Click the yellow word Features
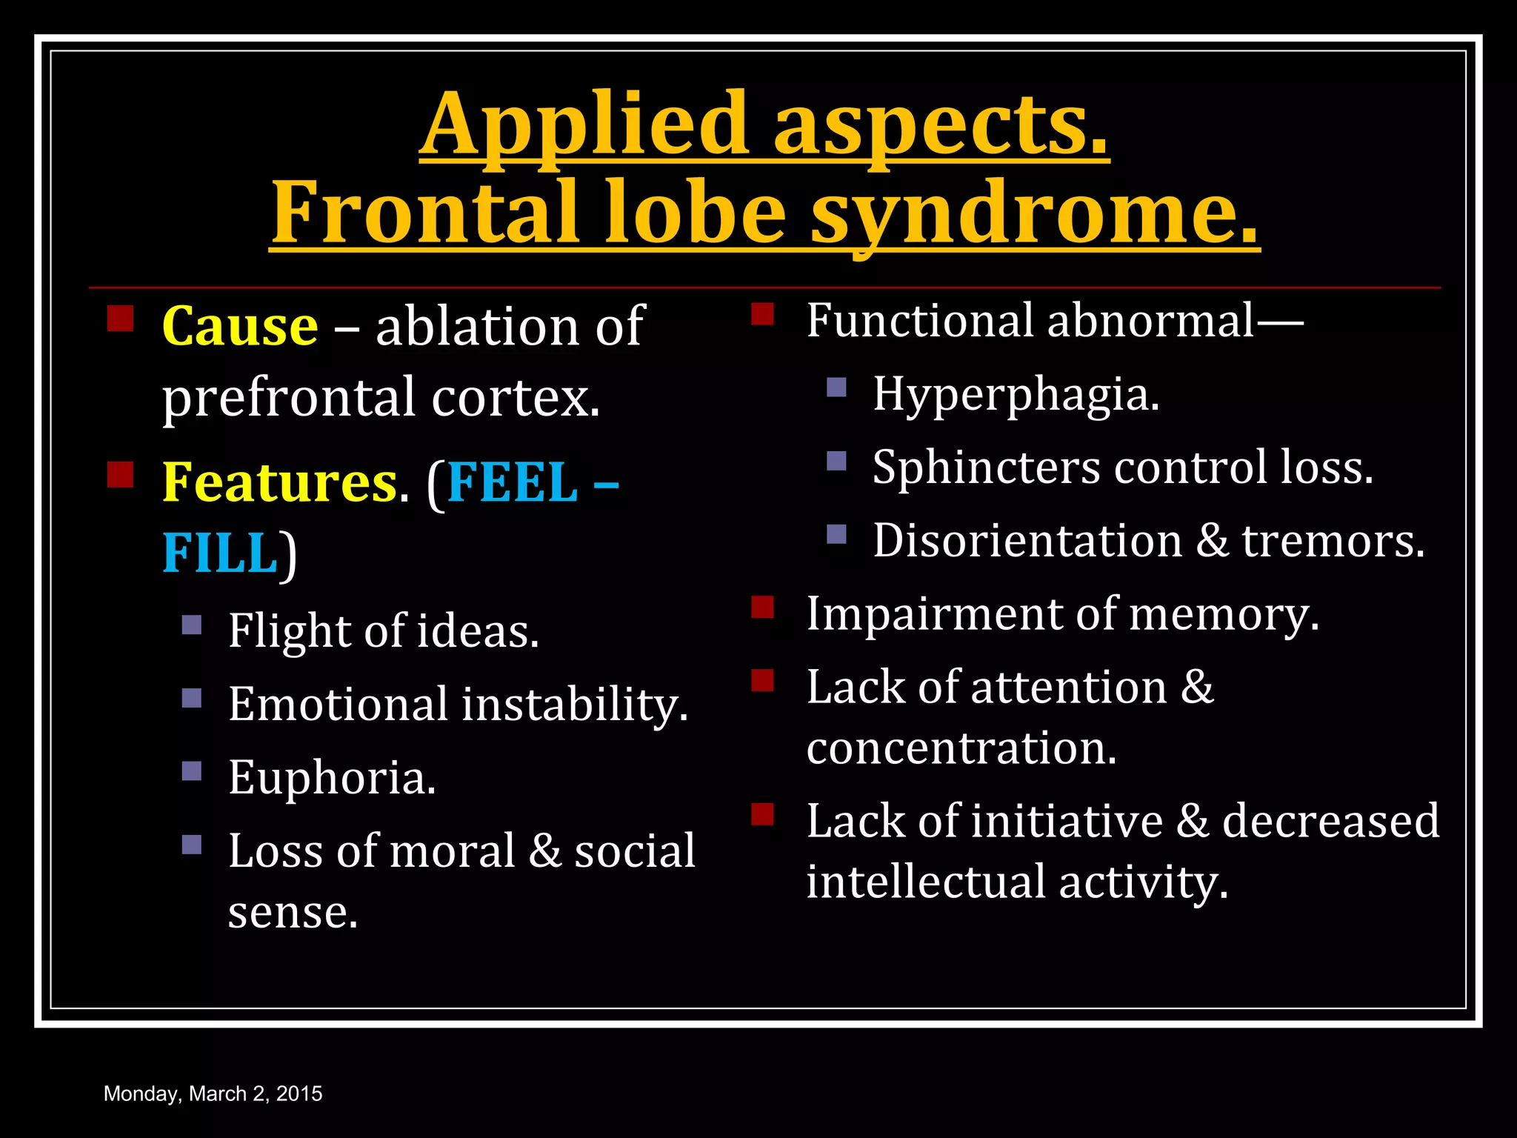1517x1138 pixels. tap(280, 483)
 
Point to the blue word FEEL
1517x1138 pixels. tap(512, 483)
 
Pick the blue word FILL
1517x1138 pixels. tap(219, 553)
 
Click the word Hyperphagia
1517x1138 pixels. tap(1016, 394)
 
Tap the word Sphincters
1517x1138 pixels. tap(986, 467)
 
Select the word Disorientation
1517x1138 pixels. tap(1027, 540)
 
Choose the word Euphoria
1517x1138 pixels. tap(332, 778)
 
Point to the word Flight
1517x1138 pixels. tap(288, 631)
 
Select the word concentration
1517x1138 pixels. tap(961, 748)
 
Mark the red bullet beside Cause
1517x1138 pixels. tap(120, 319)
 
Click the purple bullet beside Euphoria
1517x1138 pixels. tap(192, 771)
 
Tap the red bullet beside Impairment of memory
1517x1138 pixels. tap(762, 608)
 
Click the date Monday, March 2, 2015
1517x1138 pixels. tap(213, 1094)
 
